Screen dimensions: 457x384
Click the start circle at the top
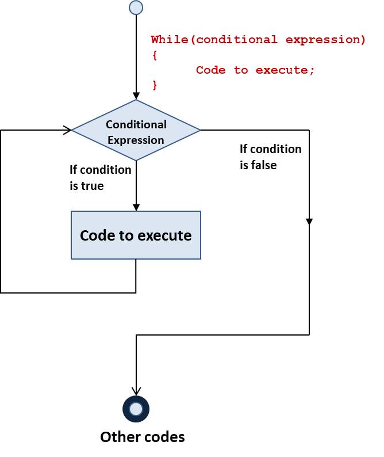coord(136,7)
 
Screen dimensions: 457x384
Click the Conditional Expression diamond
coord(136,131)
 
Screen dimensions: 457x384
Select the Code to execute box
coord(136,235)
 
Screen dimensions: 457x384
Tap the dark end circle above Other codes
coord(136,409)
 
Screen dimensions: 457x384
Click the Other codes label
coord(143,437)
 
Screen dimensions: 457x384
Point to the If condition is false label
coord(270,157)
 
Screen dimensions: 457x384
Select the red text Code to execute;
coord(255,70)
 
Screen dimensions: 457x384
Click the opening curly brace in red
coord(155,55)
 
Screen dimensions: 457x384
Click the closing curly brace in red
coord(155,85)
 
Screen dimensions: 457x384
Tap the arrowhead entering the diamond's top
coord(136,95)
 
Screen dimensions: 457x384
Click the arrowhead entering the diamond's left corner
coord(68,130)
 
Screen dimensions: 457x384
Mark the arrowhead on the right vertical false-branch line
coord(309,221)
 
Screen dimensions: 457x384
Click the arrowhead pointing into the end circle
coord(136,391)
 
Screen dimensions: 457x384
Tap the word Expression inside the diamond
coord(136,140)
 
